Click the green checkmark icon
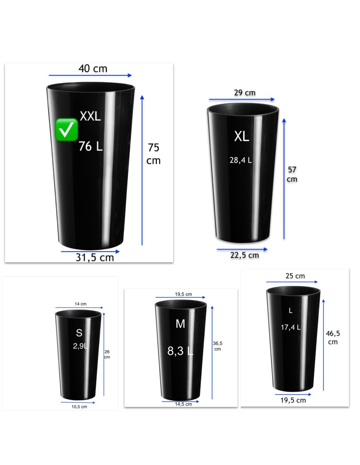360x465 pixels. pyautogui.click(x=67, y=129)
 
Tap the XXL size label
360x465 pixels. pyautogui.click(x=90, y=116)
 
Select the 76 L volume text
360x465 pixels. pyautogui.click(x=90, y=146)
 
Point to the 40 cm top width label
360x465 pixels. pyautogui.click(x=93, y=69)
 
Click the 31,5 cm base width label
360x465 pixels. pyautogui.click(x=94, y=258)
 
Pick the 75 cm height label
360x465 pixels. pyautogui.click(x=154, y=154)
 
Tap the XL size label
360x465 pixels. pyautogui.click(x=242, y=137)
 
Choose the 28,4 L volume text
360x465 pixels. pyautogui.click(x=240, y=160)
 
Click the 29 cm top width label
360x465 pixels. pyautogui.click(x=245, y=93)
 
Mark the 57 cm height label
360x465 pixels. pyautogui.click(x=292, y=174)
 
